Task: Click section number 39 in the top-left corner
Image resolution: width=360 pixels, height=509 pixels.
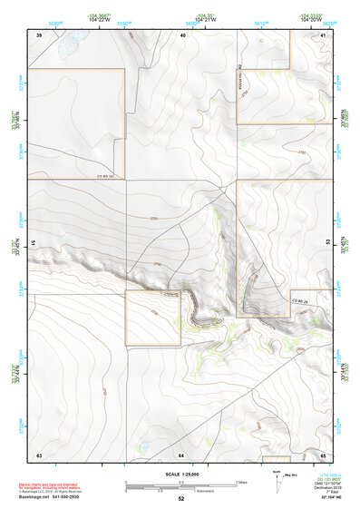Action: (x=39, y=34)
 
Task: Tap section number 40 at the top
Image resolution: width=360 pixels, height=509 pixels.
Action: (x=183, y=34)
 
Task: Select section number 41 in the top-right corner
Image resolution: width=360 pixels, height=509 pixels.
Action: (x=323, y=34)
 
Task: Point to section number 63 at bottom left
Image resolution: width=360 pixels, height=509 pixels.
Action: (x=39, y=453)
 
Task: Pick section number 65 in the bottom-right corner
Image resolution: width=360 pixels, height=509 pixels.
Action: (x=323, y=453)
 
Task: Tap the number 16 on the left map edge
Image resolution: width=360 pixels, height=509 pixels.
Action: (x=33, y=243)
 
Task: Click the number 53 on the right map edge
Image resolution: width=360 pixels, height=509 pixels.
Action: (x=328, y=243)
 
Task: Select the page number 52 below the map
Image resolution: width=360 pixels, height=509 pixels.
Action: (x=180, y=499)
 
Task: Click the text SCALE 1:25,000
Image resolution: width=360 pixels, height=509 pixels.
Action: (x=180, y=475)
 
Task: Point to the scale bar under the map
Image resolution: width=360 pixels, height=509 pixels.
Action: (x=180, y=485)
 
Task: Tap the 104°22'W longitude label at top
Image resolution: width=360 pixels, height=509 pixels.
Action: (x=102, y=20)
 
